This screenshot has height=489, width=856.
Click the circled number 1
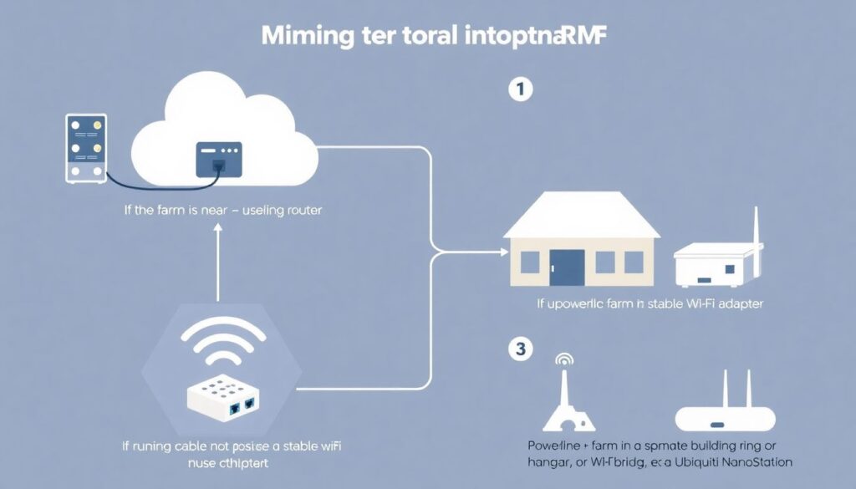point(520,90)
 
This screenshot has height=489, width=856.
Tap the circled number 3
point(520,349)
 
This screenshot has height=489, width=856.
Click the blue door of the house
point(567,266)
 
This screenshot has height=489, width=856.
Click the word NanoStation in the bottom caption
point(754,461)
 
